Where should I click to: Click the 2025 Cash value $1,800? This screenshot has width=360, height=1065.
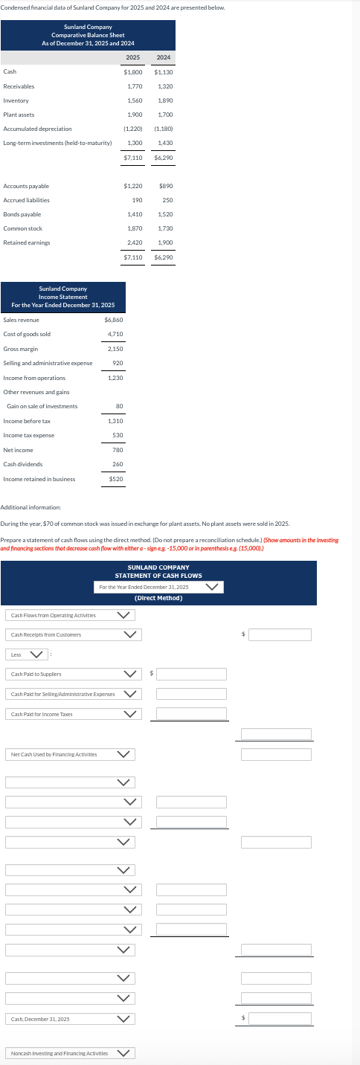(133, 72)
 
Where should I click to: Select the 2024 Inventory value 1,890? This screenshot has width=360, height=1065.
(165, 100)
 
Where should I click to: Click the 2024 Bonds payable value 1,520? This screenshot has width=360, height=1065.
(165, 214)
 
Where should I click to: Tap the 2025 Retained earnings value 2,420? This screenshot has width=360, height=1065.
(135, 242)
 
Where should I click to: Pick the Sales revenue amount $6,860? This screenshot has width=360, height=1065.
(114, 320)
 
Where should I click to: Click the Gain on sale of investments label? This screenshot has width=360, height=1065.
(42, 406)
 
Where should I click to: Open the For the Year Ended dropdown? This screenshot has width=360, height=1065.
(159, 587)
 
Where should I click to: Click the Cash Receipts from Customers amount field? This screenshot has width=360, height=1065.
(280, 634)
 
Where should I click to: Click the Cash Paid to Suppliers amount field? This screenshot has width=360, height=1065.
(191, 674)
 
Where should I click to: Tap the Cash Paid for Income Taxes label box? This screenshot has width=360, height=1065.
(62, 714)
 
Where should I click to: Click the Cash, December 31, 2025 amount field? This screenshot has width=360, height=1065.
(280, 1018)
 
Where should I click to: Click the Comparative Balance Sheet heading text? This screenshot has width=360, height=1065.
(88, 35)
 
